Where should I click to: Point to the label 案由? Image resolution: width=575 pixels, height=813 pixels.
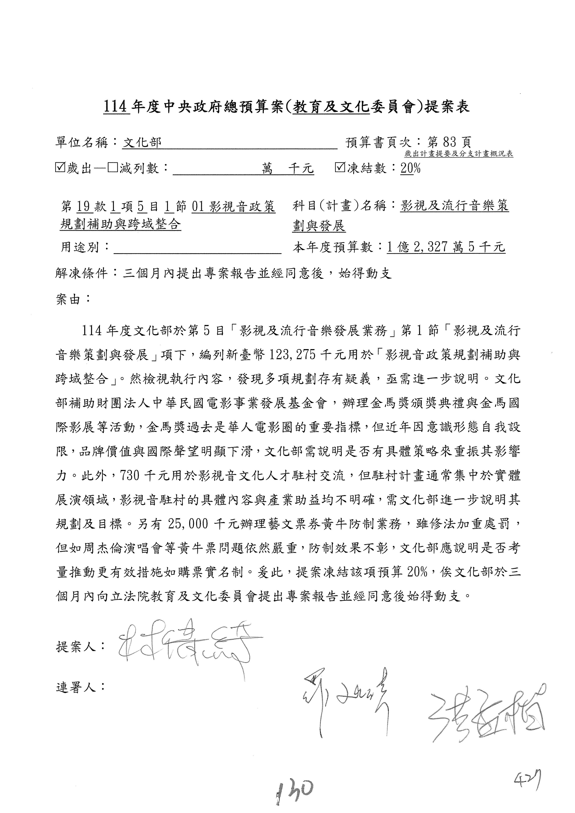68,299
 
